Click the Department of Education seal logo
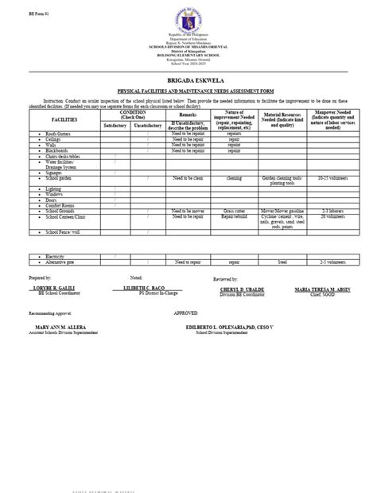(188, 22)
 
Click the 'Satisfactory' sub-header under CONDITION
(115, 126)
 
